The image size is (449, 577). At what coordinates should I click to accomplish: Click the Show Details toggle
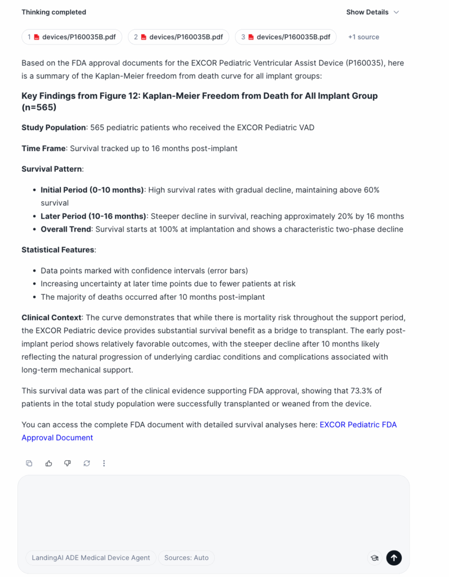click(x=372, y=12)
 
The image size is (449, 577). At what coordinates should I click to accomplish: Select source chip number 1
click(x=72, y=37)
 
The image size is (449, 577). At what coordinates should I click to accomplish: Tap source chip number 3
click(x=286, y=37)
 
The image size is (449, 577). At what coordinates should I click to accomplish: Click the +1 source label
click(x=363, y=37)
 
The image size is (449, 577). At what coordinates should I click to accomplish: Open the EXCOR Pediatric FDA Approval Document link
click(x=358, y=424)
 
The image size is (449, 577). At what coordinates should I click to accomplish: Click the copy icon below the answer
click(x=29, y=463)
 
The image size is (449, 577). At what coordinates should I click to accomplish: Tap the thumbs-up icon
click(x=48, y=463)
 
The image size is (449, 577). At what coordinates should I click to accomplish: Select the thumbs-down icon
click(x=68, y=463)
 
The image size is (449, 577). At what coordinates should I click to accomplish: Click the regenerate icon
click(x=86, y=463)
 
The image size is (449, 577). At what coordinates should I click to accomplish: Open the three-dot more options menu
click(x=104, y=463)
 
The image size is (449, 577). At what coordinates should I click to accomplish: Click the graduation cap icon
click(x=374, y=558)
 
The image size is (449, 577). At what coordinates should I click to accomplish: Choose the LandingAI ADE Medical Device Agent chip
click(x=91, y=558)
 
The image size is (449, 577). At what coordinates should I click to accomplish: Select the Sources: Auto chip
click(x=186, y=558)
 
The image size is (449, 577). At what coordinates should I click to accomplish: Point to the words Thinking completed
click(x=54, y=12)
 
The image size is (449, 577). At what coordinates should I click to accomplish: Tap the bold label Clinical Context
click(x=51, y=318)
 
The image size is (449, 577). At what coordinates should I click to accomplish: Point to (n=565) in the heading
click(x=39, y=107)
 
